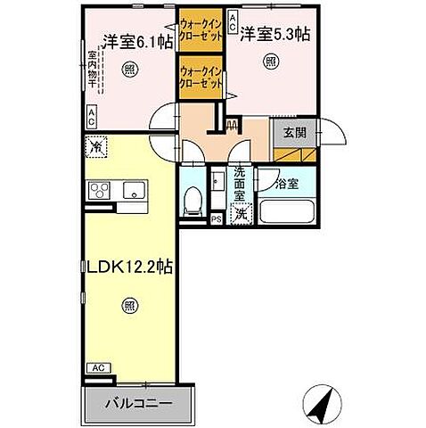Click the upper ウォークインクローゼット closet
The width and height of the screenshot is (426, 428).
click(x=201, y=34)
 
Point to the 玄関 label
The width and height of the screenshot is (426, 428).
click(x=295, y=131)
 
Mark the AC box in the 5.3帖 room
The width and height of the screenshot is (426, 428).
click(x=233, y=17)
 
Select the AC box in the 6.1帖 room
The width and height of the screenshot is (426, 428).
click(x=92, y=114)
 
